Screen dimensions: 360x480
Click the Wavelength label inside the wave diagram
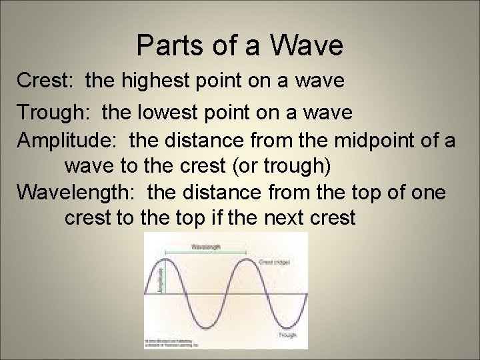206,245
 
